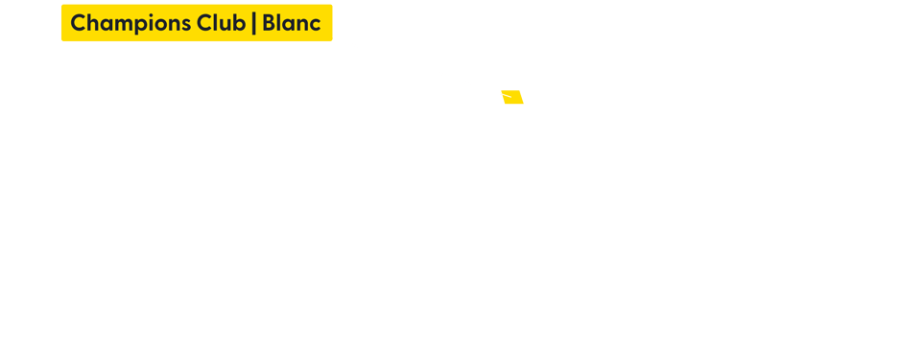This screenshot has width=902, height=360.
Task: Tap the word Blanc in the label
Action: (x=292, y=23)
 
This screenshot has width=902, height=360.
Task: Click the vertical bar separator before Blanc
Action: (x=253, y=23)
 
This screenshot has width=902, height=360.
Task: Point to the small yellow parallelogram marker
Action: (x=512, y=97)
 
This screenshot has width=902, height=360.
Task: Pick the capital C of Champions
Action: (x=79, y=23)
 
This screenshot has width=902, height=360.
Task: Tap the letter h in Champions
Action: (x=93, y=23)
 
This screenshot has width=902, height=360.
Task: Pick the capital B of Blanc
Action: (x=269, y=23)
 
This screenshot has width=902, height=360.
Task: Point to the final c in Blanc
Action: (x=315, y=24)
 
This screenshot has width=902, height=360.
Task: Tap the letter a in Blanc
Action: (x=289, y=24)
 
